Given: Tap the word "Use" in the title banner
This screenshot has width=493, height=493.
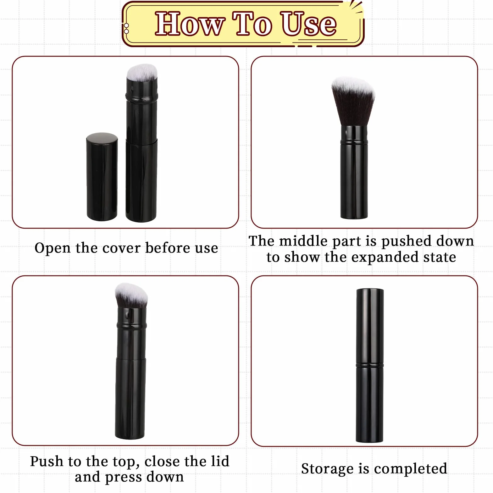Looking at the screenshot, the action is pos(309,24).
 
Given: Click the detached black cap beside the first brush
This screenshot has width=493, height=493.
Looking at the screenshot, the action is pos(102,177).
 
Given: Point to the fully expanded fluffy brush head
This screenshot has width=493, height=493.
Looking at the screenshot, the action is pos(353,102).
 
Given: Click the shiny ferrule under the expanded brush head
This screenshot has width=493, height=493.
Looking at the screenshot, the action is pos(354,134).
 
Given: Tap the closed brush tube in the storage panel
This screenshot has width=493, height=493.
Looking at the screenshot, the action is pos(370,365).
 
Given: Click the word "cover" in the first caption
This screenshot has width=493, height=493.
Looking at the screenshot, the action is pos(122,248).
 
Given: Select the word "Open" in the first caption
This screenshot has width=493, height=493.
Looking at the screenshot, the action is pos(53,248).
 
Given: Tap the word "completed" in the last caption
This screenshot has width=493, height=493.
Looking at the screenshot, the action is pos(410,469).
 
